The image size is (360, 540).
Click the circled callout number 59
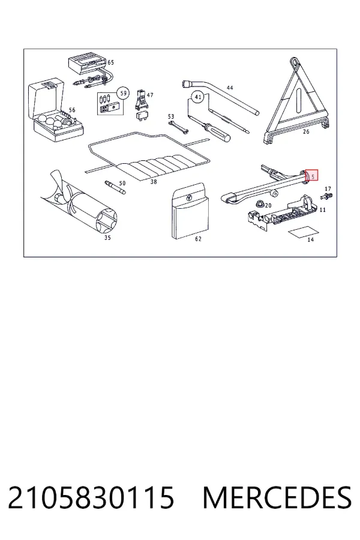click(x=123, y=93)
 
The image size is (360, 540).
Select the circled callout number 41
click(x=198, y=97)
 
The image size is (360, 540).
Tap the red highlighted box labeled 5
click(x=311, y=175)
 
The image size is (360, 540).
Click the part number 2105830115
click(x=91, y=497)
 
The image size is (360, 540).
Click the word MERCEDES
click(x=277, y=497)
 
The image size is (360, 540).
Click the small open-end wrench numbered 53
click(x=178, y=127)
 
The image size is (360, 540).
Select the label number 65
click(x=110, y=62)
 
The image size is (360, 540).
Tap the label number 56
click(x=71, y=110)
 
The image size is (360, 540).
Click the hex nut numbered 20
click(x=259, y=203)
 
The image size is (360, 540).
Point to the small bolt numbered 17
click(x=326, y=197)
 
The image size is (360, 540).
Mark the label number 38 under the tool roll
click(x=154, y=181)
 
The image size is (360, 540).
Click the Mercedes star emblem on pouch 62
click(x=189, y=198)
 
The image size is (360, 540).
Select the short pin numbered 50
click(x=115, y=187)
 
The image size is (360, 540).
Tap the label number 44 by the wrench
click(x=230, y=88)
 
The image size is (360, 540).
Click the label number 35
click(x=107, y=238)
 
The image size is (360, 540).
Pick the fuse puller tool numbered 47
click(x=142, y=99)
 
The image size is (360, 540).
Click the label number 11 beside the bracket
click(x=322, y=209)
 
